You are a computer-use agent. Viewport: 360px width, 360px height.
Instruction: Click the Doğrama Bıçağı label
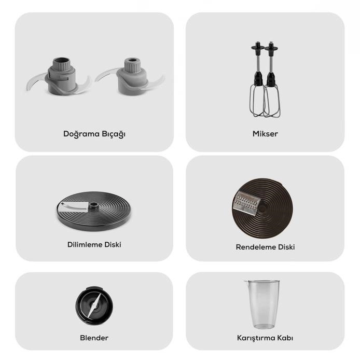point(94,134)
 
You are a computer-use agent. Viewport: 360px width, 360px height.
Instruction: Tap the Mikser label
point(265,134)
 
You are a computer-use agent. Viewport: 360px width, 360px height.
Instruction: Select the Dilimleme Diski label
point(94,244)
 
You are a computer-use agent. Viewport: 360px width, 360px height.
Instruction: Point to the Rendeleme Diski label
point(265,247)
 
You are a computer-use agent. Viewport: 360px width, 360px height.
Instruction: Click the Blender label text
point(94,338)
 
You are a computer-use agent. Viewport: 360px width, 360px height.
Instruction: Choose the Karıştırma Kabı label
point(265,338)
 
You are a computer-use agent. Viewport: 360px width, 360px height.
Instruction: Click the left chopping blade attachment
point(58,76)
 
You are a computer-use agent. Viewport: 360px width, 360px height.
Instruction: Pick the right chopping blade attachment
point(130,76)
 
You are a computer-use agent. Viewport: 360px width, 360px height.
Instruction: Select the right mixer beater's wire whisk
point(272,101)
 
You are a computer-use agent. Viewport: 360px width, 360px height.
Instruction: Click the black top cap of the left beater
point(258,47)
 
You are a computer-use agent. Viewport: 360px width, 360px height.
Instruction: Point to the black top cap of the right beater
point(271,47)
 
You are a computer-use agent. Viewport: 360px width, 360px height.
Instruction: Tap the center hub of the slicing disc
point(93,205)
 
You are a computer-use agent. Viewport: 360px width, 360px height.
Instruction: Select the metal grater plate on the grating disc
point(246,203)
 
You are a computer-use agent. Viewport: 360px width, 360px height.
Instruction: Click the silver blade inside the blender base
point(94,306)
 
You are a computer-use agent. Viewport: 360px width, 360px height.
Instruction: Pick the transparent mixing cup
point(262,304)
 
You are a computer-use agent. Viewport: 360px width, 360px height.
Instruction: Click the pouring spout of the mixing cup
point(246,282)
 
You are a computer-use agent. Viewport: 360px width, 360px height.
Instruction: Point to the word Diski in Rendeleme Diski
point(286,247)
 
